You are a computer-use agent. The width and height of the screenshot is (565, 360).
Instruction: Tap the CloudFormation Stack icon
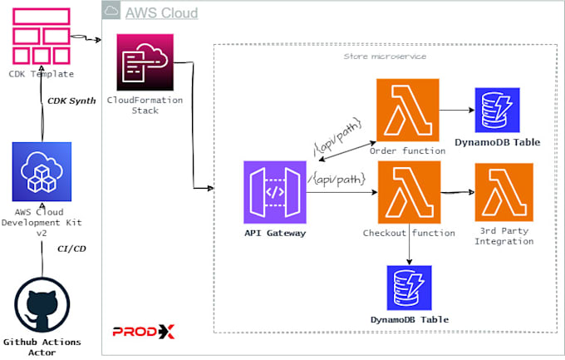point(145,62)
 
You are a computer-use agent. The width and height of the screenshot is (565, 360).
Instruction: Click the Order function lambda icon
point(407,109)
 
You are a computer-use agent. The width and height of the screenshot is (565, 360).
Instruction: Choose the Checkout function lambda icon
point(407,191)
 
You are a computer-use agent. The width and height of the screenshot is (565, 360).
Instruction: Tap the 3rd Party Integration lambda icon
point(504,191)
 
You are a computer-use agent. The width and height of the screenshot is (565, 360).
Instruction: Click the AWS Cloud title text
point(161,12)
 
